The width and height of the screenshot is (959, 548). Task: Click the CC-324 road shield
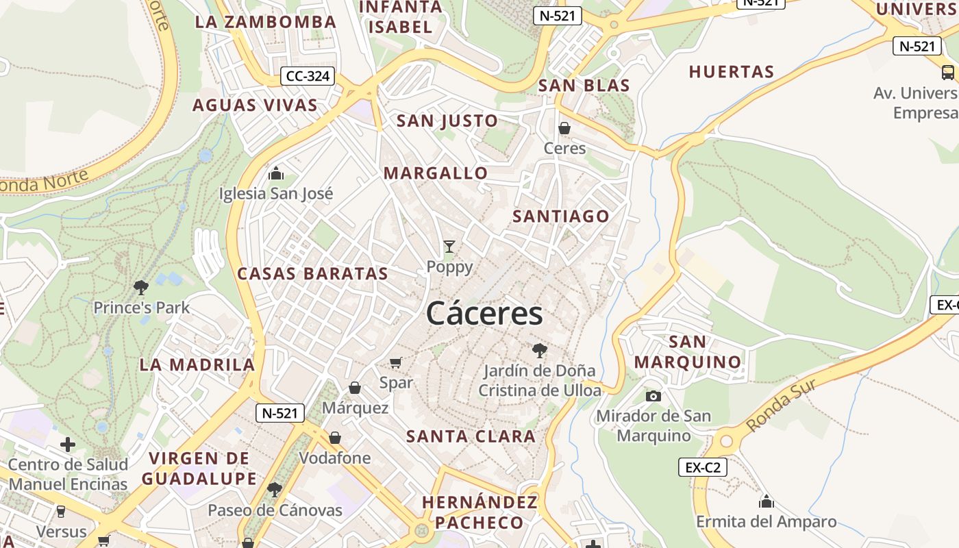(x=308, y=76)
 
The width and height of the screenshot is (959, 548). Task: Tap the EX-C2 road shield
(x=703, y=467)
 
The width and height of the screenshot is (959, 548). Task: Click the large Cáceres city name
(x=484, y=314)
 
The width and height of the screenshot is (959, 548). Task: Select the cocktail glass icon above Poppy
(x=449, y=247)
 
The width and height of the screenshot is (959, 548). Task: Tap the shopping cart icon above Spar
(x=395, y=362)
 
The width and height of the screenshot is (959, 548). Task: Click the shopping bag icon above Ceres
(x=564, y=128)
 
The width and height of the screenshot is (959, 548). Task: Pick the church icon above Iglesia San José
(x=276, y=173)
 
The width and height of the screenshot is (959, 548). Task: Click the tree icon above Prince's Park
(x=141, y=287)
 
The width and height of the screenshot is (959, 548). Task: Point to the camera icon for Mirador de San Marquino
(x=653, y=396)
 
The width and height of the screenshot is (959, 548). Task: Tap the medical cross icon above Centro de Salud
(x=68, y=445)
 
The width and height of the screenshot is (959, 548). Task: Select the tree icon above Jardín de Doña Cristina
(x=540, y=351)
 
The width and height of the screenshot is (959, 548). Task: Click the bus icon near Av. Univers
(x=948, y=72)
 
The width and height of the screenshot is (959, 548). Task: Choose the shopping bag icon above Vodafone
(x=335, y=437)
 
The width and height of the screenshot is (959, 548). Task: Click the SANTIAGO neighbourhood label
(x=561, y=216)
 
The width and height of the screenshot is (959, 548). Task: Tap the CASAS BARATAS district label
(x=312, y=274)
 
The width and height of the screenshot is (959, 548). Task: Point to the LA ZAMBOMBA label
(x=266, y=22)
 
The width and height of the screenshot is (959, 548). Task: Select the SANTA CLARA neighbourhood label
(x=471, y=436)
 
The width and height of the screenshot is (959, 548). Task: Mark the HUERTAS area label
(x=731, y=72)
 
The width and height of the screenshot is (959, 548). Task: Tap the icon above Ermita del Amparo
(x=767, y=501)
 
